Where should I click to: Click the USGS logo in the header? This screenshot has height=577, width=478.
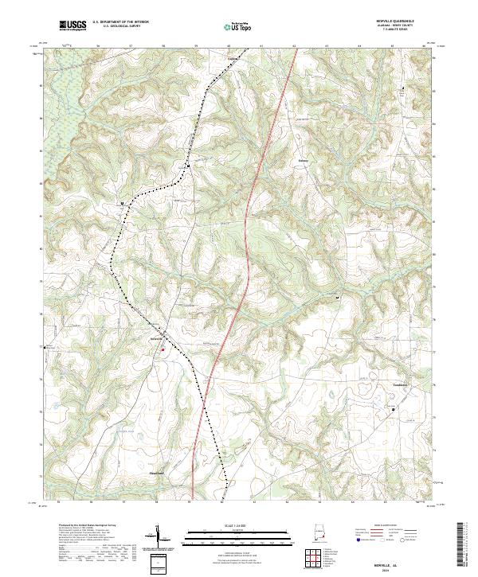click(73, 26)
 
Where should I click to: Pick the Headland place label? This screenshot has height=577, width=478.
click(157, 474)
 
